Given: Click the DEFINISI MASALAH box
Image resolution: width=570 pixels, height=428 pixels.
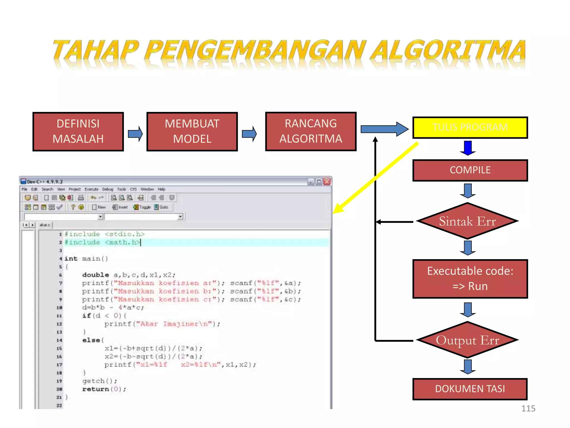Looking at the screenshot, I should pos(78,132).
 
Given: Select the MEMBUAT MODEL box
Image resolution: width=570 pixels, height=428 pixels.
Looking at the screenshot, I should pos(192,132).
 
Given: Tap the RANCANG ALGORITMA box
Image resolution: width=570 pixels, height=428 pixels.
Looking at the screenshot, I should pos(311,131).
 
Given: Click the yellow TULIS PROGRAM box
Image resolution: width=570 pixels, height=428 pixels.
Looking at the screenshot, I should pos(470,127).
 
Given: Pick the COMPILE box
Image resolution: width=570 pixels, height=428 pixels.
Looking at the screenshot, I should pos(470,170).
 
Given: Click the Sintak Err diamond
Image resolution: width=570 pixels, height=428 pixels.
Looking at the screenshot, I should pos(468,221).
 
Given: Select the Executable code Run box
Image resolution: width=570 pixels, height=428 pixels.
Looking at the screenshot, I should pos(470,279).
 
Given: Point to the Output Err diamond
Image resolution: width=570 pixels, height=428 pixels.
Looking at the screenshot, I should pos(468,340).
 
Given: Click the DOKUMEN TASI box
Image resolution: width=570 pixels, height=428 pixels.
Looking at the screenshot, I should pos(470,389).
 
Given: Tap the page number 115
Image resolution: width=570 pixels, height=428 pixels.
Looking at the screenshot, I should pos(528,408).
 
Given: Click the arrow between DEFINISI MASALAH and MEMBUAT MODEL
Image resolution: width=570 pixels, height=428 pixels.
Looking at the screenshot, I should pos(135,134).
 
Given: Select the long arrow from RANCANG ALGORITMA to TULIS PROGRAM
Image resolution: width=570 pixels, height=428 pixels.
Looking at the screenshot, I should pos(384,129).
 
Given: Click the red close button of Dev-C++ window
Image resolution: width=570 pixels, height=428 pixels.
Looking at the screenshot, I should pos(327,182).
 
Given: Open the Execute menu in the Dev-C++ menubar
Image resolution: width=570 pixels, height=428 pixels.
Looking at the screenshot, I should pos(91,189).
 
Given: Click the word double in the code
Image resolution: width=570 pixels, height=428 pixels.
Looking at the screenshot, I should pos(95,275).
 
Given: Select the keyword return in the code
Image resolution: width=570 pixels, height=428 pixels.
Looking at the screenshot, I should pos(95,389).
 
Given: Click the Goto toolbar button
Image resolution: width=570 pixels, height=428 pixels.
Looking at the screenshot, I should pos(161,207).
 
